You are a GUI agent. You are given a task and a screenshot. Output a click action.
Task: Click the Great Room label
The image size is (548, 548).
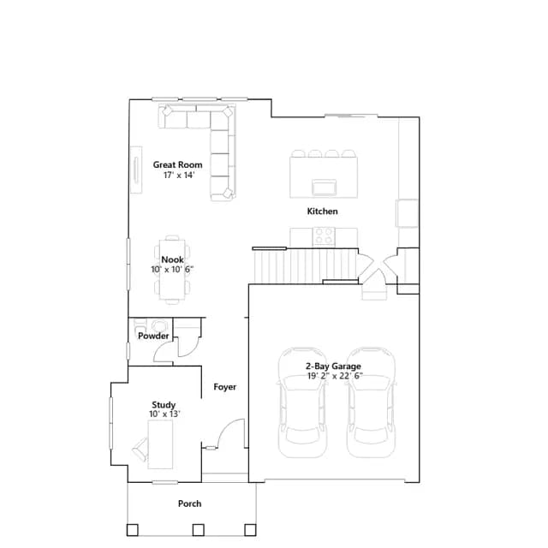177,164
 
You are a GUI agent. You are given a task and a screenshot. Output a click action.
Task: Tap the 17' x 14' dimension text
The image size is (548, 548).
179,175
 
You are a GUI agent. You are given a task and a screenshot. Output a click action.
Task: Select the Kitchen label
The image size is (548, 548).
322,211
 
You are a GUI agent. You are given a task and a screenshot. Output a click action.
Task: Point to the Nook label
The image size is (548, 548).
172,259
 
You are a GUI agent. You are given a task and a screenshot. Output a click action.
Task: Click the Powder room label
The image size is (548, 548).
153,336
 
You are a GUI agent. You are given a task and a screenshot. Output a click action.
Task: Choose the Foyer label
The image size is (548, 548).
224,387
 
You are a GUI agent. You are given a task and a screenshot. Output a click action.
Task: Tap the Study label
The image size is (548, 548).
164,405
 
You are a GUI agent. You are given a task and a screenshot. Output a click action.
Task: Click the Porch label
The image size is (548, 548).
189,503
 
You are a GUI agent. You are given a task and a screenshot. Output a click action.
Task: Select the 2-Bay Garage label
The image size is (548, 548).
333,366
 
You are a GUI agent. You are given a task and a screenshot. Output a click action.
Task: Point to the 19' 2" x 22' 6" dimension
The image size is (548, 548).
335,376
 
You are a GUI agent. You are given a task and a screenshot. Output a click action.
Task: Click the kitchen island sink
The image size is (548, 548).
325,187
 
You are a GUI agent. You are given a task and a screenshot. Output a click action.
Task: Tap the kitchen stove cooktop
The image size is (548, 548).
324,235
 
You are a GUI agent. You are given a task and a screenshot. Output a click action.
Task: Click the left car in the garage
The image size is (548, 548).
302,402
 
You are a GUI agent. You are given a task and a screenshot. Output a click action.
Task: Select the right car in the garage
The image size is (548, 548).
371,402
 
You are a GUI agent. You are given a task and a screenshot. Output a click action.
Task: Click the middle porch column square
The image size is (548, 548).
199,529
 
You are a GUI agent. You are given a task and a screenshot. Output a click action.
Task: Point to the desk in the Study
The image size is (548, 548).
160,444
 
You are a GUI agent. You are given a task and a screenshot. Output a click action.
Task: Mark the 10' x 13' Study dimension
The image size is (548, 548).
164,414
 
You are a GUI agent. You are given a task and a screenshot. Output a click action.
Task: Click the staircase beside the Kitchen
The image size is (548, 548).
305,265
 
